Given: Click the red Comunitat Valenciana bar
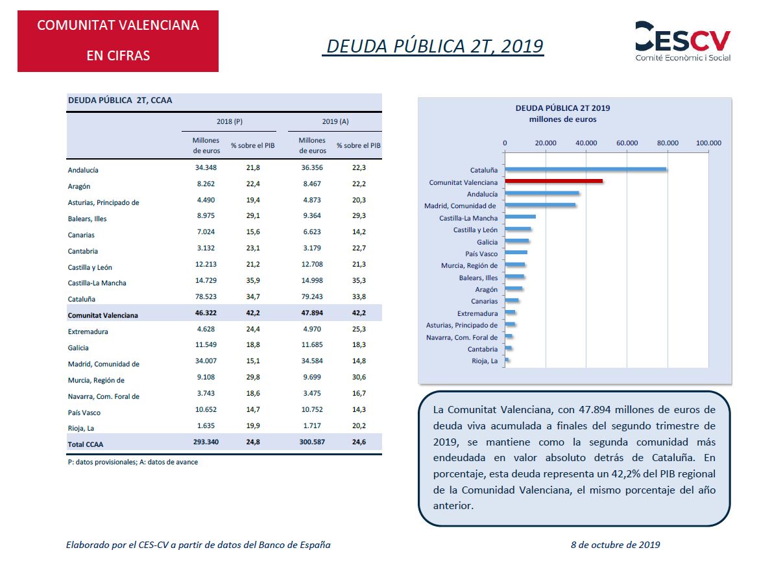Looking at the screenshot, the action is [554, 181].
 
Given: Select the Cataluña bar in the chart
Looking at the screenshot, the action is [586, 169].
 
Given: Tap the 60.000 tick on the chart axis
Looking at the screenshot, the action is [627, 143].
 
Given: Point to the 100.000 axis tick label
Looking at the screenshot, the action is [708, 143].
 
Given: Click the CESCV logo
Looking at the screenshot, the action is [682, 42].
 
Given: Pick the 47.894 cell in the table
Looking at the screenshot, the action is [312, 313].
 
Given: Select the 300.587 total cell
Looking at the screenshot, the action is [312, 442].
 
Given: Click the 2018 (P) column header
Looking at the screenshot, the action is [229, 122].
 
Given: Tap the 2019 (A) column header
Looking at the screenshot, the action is [335, 122].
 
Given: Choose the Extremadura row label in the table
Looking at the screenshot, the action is [88, 331].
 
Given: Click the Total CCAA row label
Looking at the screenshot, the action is [85, 444].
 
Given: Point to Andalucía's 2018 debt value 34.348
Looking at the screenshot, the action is [206, 167].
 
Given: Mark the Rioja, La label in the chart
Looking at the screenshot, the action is [485, 361].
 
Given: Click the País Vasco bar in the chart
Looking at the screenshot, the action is [516, 252].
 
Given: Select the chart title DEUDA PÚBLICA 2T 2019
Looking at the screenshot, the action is [563, 108].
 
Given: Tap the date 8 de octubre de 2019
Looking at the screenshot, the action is [616, 545].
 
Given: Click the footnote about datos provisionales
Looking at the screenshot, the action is [133, 462].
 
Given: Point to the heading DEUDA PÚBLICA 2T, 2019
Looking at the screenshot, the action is [435, 46].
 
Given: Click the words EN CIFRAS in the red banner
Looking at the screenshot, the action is [118, 56].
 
